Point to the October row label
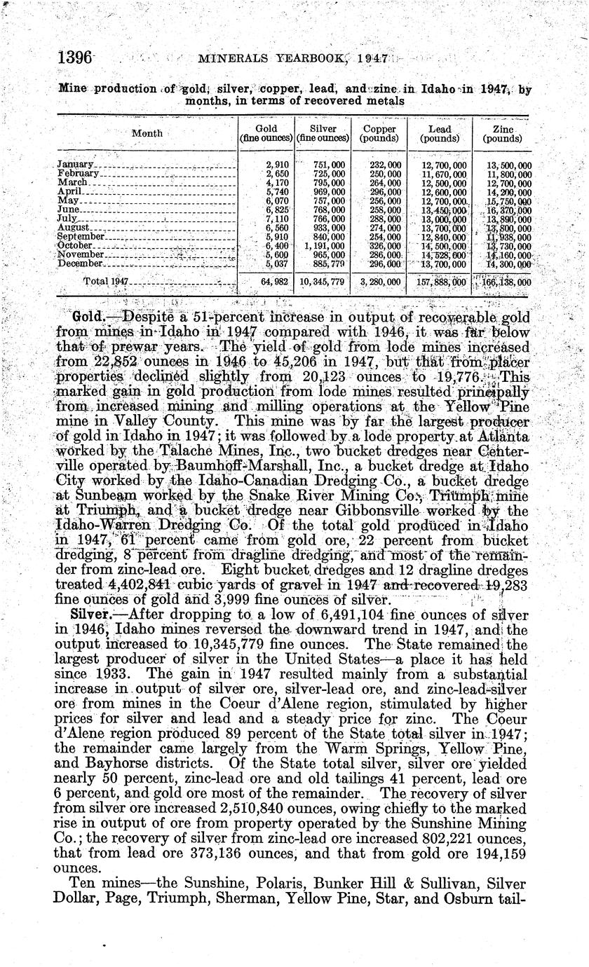click(74, 246)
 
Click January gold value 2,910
click(271, 164)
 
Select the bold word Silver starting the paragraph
click(89, 615)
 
